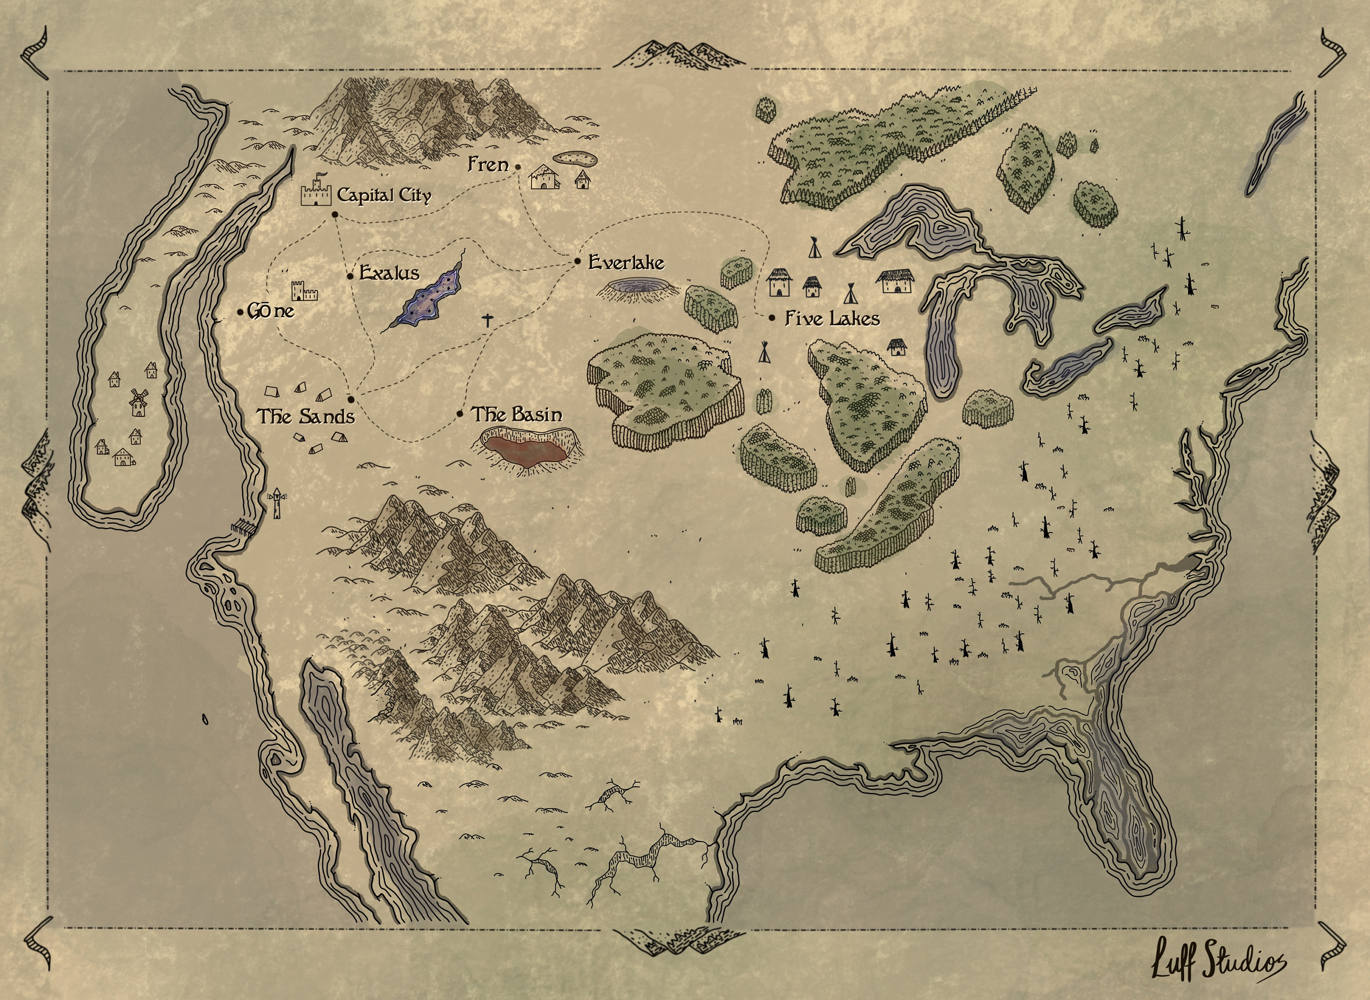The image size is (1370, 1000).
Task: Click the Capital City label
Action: (384, 195)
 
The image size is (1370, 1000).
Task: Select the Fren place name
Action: (488, 164)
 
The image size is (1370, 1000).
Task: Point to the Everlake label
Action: (626, 262)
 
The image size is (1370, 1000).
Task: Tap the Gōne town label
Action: (271, 311)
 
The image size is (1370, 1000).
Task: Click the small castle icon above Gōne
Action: (304, 291)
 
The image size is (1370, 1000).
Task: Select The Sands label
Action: (306, 416)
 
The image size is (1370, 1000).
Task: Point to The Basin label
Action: (516, 414)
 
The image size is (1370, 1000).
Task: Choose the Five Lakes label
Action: (832, 318)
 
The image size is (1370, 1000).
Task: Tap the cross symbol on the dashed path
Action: (487, 320)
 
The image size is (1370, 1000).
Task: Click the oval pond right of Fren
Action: (574, 158)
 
